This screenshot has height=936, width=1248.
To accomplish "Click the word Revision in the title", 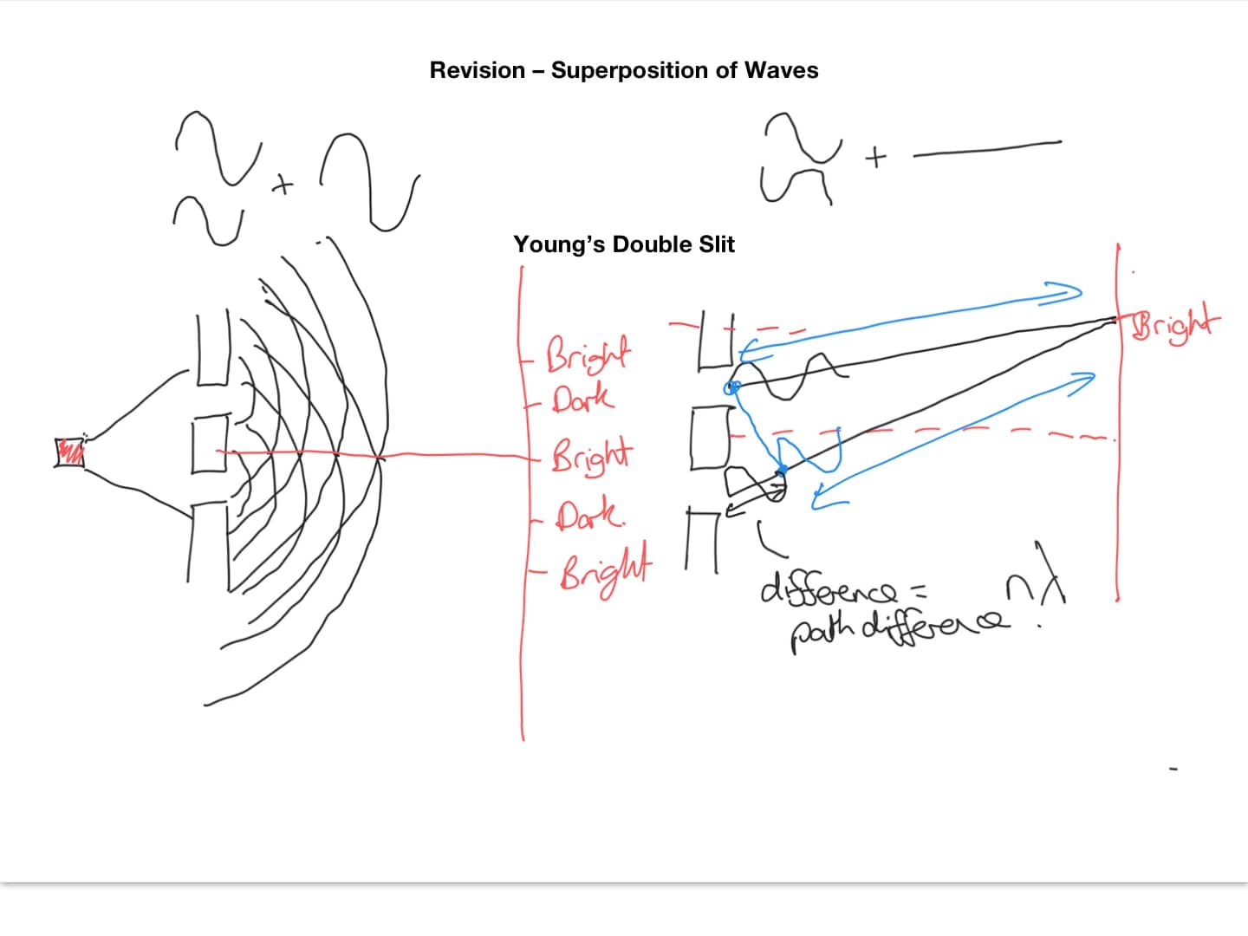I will [478, 70].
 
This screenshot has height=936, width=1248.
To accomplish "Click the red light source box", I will [69, 452].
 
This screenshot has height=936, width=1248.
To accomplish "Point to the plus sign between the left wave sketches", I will [282, 185].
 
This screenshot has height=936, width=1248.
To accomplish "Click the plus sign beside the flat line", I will [876, 158].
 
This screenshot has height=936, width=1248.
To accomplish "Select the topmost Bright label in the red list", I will [588, 354].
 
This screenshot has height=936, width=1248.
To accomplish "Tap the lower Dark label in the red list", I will [589, 516].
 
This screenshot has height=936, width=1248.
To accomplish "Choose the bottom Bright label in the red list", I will [605, 568].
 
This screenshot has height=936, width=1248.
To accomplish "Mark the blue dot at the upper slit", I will [732, 387].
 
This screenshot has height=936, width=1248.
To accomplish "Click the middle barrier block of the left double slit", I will [209, 444].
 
